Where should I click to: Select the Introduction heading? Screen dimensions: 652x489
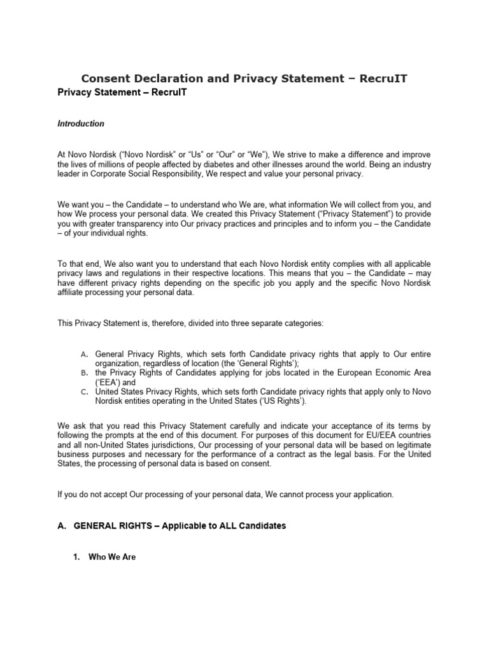click(x=81, y=124)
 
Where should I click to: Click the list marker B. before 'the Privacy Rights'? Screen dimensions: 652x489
click(x=84, y=372)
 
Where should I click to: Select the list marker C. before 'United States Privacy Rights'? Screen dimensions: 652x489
click(x=84, y=392)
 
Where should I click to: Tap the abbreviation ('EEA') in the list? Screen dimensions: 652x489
click(x=108, y=383)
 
